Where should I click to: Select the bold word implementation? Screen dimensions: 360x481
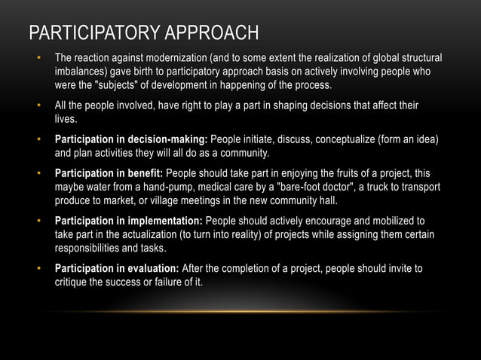(161, 221)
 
